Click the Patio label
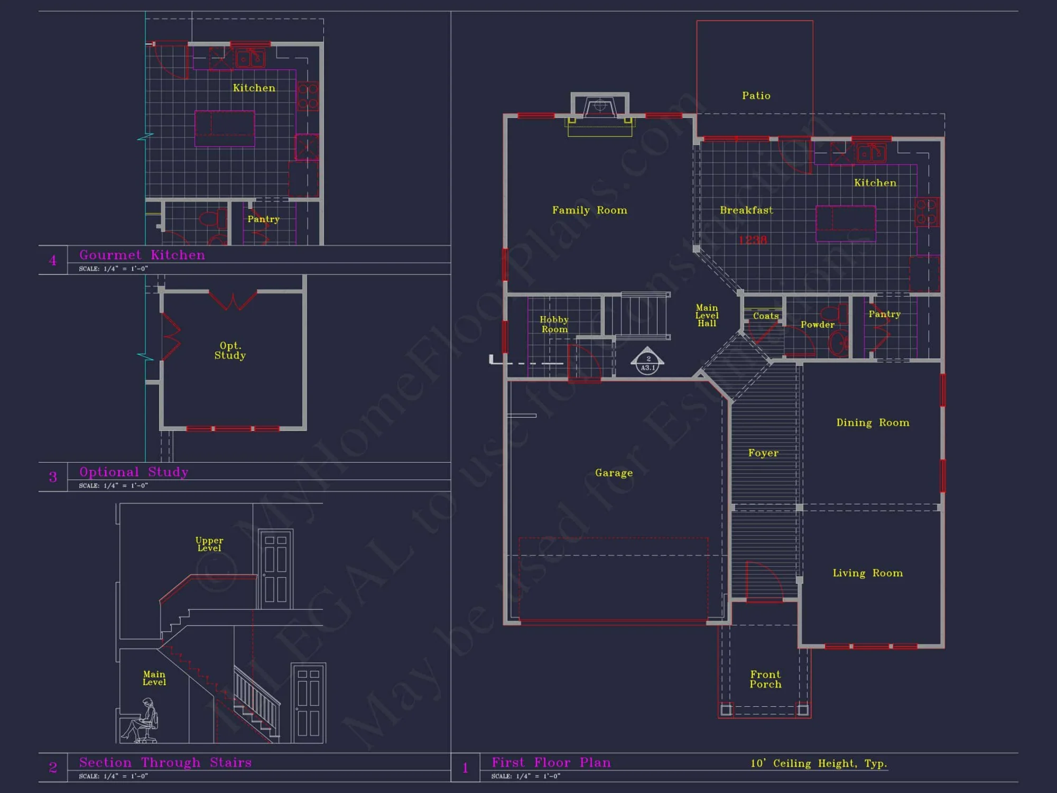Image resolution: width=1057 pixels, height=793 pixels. point(756,96)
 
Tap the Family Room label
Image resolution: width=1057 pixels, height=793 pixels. point(589,210)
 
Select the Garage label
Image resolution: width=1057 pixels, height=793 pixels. point(614,473)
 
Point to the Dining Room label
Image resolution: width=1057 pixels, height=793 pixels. point(873,422)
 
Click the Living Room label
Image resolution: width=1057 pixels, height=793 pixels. point(867,573)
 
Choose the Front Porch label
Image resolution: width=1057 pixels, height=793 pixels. point(765,679)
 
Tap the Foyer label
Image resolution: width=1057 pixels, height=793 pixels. point(763,453)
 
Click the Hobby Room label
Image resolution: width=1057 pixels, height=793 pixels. point(554,324)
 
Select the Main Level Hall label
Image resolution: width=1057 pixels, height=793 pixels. point(707,316)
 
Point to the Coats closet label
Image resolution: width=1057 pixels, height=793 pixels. point(766,316)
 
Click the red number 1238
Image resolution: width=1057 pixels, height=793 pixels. point(753,240)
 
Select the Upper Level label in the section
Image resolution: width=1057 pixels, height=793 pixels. point(209,544)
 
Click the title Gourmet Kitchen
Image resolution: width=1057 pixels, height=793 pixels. point(142,255)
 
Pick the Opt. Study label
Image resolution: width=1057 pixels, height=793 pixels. point(230,351)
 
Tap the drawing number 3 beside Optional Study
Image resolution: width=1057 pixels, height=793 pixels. point(53,477)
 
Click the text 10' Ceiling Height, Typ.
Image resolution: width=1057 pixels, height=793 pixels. point(819,763)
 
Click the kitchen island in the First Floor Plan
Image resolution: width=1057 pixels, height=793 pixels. point(846,223)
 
